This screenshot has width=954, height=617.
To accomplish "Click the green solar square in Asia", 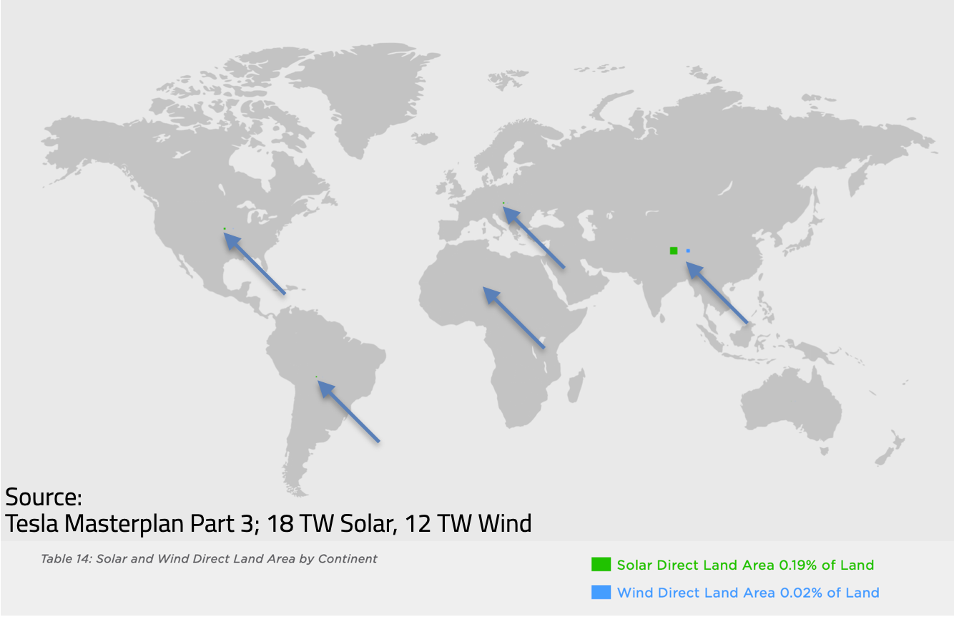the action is click(x=674, y=251).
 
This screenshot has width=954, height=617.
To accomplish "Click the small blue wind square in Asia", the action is click(x=688, y=251).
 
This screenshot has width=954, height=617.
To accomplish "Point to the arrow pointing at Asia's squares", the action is click(x=717, y=293).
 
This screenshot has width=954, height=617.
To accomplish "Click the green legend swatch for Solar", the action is click(x=601, y=564).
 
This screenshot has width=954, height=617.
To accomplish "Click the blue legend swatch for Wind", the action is click(x=601, y=592).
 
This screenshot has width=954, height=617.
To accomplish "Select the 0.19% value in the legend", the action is click(x=798, y=565).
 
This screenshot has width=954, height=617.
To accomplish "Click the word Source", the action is click(x=44, y=497).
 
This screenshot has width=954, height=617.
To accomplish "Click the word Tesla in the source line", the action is click(x=32, y=523).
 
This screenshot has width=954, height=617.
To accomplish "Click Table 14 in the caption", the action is click(x=66, y=558).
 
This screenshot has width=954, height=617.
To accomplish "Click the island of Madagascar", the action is click(x=576, y=386).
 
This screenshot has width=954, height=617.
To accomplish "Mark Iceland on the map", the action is click(x=425, y=137).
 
